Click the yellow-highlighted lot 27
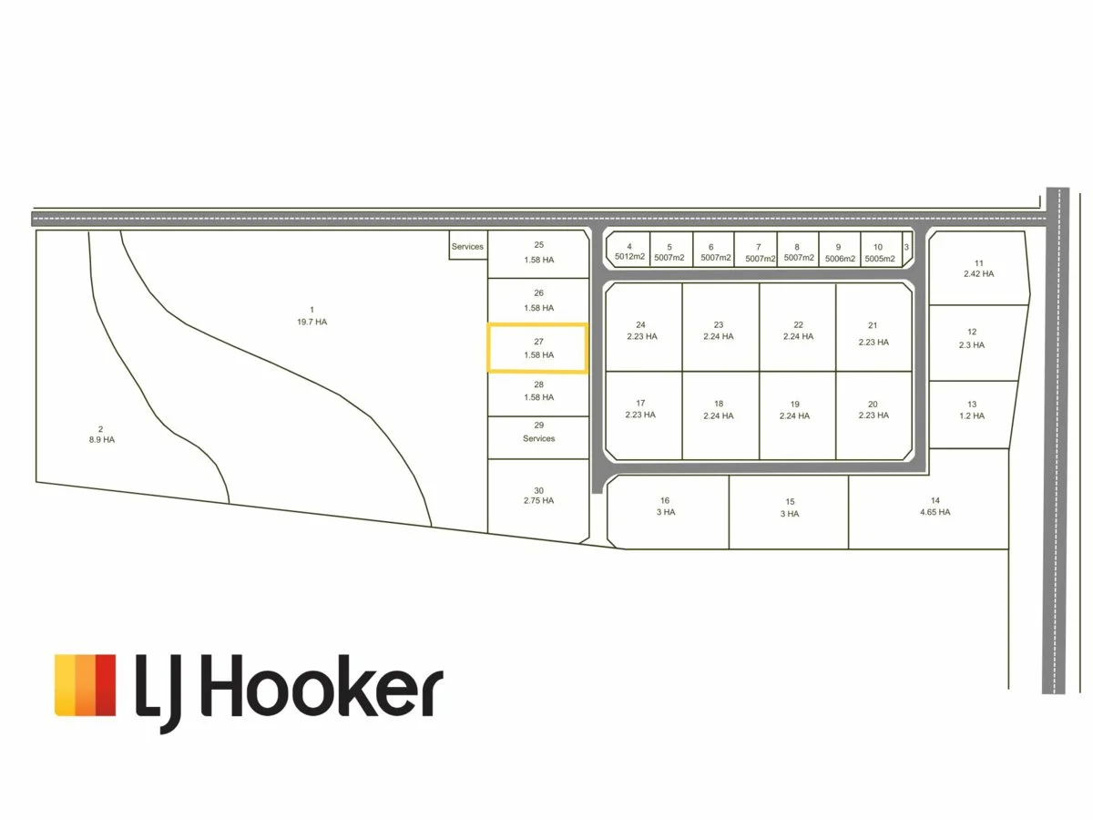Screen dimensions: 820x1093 (x=537, y=348)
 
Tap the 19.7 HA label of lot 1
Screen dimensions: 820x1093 (x=312, y=322)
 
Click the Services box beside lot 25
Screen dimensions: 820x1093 (x=468, y=246)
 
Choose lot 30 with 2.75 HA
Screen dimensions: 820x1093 (x=538, y=496)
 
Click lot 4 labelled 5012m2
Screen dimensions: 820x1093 (x=629, y=251)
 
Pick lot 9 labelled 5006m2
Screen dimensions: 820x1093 (x=839, y=251)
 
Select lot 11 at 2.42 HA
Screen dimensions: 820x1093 (x=978, y=268)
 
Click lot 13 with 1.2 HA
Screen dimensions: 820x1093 (x=972, y=410)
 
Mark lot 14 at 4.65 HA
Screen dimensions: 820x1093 (x=935, y=507)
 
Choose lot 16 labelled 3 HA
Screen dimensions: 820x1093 (x=665, y=507)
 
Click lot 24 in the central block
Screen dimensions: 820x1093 (x=641, y=330)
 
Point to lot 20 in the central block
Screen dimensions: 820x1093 (x=873, y=409)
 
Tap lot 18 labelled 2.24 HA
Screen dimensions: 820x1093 (x=719, y=409)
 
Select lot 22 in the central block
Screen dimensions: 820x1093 (x=798, y=330)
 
